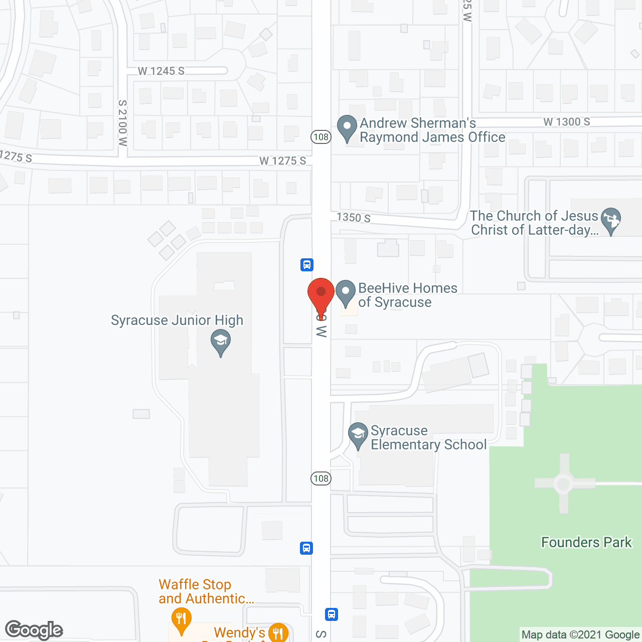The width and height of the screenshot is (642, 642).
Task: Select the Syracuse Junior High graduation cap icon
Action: click(221, 342)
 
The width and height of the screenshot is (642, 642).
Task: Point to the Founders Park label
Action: click(586, 542)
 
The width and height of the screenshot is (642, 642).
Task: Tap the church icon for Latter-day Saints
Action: click(611, 220)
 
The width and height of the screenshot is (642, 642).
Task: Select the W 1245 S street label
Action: click(161, 71)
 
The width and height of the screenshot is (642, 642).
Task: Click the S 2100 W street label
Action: click(123, 123)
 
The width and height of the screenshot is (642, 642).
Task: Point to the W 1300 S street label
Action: click(567, 122)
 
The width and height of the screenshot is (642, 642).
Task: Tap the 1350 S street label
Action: click(354, 217)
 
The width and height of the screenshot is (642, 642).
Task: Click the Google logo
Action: click(34, 630)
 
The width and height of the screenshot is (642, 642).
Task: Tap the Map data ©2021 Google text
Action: click(580, 635)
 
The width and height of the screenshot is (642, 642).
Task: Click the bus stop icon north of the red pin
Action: click(307, 264)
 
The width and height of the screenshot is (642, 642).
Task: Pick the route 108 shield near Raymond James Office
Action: click(321, 136)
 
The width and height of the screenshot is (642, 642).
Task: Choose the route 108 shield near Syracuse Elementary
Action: click(321, 478)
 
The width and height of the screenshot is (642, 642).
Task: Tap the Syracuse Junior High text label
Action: click(177, 320)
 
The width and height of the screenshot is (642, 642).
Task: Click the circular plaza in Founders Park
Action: click(564, 484)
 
